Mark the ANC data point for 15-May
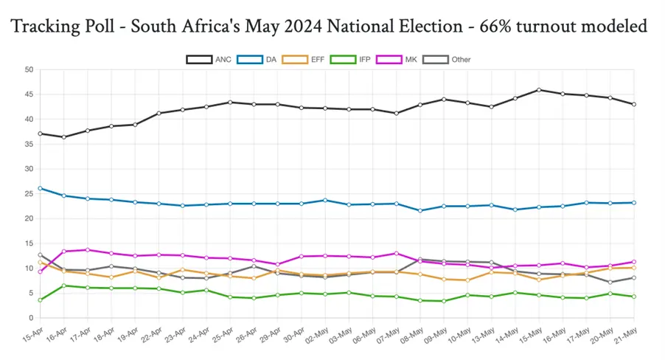coord(538,90)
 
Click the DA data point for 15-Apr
coord(40,188)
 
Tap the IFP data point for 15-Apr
coord(40,300)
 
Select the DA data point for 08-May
coord(419,210)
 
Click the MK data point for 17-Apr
coord(87,249)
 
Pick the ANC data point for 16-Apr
coord(63,136)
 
